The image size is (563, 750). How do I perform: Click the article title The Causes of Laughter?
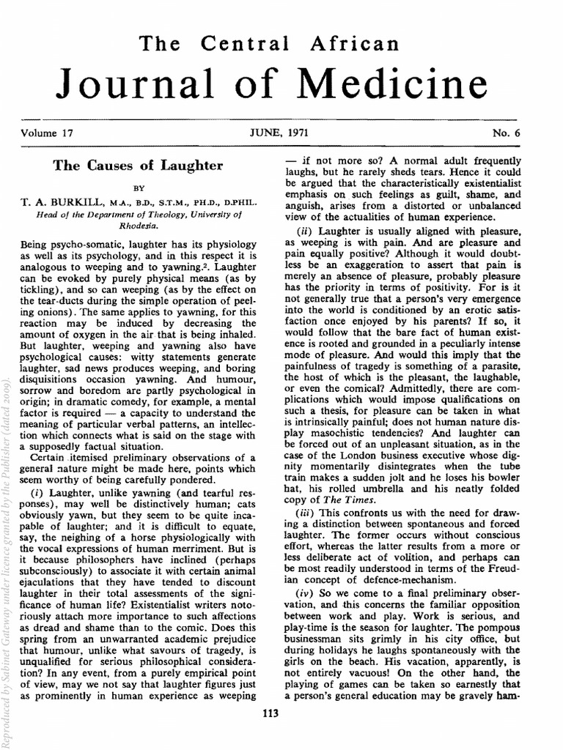click(137, 166)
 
